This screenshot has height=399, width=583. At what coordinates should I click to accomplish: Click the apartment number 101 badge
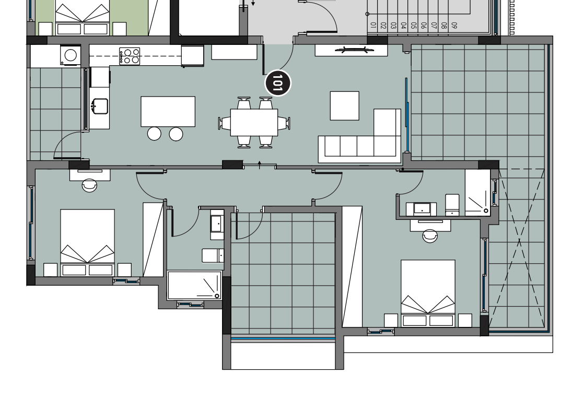pos(278,83)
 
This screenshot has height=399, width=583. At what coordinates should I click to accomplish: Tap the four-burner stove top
pos(130,56)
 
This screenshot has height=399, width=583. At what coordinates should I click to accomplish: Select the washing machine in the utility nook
pos(71,55)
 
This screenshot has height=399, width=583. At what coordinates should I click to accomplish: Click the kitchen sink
pos(100,106)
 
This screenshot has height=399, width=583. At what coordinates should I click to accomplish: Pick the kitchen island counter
pos(168,112)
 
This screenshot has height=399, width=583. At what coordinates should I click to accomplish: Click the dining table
pos(254,122)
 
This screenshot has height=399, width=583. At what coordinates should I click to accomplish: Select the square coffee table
pos(345,106)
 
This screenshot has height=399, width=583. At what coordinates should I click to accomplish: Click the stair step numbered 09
pos(454,25)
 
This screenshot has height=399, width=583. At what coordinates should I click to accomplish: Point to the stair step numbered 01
pos(374,25)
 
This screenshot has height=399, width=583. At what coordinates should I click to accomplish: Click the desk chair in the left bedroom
pos(89,185)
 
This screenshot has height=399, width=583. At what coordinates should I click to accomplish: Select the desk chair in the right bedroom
pos(430,236)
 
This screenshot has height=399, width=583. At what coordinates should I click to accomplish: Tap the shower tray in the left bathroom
pos(194,285)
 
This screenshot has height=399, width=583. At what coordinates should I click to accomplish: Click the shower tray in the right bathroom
pos(477,193)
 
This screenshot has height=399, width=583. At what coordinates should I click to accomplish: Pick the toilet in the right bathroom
pos(452,205)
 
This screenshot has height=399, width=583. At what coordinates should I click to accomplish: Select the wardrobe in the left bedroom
pos(153,240)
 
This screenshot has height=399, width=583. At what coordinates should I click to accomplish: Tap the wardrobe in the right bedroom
pos(352,267)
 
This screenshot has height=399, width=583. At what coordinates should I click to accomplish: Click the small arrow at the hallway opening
pos(260,165)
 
